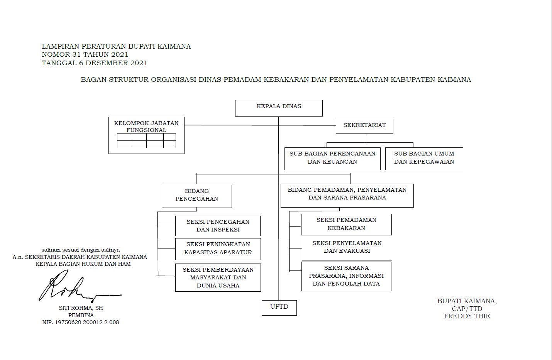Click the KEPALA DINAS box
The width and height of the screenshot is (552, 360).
click(279, 108)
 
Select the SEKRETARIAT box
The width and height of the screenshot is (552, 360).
click(364, 126)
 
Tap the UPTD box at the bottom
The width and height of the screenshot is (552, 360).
click(279, 308)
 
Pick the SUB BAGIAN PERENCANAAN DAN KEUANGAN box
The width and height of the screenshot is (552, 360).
click(332, 158)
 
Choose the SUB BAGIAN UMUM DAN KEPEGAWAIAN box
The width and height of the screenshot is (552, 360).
click(424, 158)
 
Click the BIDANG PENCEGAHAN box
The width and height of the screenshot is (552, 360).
click(197, 196)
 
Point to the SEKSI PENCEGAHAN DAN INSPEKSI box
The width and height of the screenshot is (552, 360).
click(218, 226)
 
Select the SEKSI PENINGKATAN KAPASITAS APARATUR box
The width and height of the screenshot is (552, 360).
click(218, 248)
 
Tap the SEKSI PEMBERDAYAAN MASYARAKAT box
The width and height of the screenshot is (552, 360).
click(218, 277)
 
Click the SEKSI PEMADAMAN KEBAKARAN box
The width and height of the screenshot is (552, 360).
click(346, 224)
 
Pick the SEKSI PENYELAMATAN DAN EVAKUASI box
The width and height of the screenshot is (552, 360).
click(347, 248)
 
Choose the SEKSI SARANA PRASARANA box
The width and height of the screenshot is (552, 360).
click(346, 276)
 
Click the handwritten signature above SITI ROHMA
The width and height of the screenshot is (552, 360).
click(73, 287)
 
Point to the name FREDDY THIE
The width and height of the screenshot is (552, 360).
click(467, 316)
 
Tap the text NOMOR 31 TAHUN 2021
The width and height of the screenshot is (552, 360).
click(85, 54)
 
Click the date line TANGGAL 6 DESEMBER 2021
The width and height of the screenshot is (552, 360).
click(95, 63)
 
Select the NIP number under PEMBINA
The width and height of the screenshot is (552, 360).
click(81, 322)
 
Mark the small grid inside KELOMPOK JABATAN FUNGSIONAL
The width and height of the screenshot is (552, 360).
click(146, 141)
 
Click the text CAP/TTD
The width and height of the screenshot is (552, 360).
click(467, 309)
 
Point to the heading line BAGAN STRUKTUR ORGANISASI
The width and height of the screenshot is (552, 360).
click(276, 79)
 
